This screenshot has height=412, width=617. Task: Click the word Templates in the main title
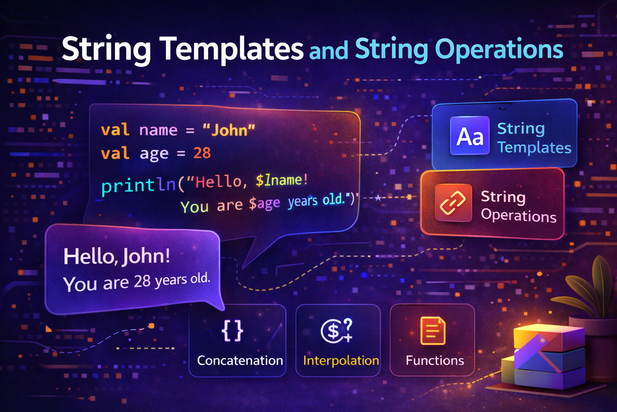[232, 49]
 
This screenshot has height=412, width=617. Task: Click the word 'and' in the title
[328, 51]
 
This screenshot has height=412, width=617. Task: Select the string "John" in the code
[229, 130]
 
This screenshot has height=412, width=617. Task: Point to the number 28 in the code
[202, 153]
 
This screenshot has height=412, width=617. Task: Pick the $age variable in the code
[264, 204]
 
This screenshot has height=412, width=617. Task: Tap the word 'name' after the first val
[158, 130]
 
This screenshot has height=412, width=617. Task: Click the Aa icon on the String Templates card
[470, 136]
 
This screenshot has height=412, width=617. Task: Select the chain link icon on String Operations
[453, 202]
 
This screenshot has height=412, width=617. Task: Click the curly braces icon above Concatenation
[232, 331]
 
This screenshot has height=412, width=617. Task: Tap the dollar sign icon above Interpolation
[337, 331]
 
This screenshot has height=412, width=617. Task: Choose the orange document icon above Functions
[432, 331]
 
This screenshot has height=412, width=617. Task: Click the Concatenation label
[240, 360]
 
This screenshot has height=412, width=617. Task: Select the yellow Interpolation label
[341, 360]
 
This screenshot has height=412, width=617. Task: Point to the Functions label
[435, 360]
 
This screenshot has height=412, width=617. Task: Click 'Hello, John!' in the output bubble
[116, 256]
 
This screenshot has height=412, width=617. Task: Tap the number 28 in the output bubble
[142, 282]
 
